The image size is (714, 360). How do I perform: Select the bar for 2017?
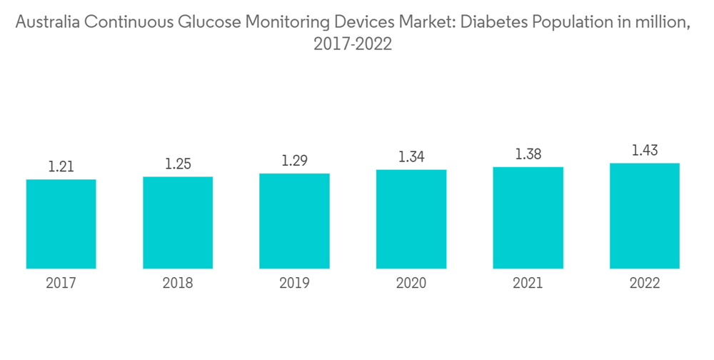[x=61, y=224]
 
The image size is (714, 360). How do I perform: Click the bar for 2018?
[x=178, y=222]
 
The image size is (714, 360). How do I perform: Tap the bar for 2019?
[x=294, y=221]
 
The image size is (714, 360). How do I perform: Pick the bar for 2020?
[x=411, y=219]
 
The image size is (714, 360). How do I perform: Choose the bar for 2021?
[x=528, y=218]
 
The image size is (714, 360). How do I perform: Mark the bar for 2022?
[x=644, y=216]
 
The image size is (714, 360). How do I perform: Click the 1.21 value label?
[x=61, y=167]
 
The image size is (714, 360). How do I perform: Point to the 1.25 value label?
[x=178, y=164]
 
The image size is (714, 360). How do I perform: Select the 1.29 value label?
[x=294, y=161]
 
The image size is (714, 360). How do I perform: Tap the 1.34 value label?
[x=411, y=156]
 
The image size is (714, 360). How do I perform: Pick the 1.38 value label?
[x=528, y=154]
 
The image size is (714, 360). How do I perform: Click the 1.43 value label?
[x=644, y=150]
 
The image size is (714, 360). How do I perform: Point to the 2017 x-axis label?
[x=61, y=284]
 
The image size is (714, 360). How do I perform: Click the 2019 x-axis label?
[x=294, y=284]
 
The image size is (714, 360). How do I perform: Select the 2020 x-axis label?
[x=411, y=284]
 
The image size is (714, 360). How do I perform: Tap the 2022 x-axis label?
[x=644, y=284]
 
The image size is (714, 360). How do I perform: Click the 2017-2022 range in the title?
[x=353, y=44]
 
